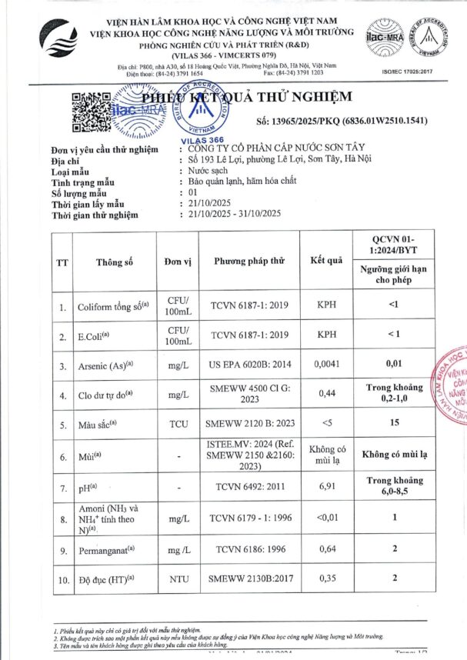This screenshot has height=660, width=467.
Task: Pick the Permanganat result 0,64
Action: (x=325, y=549)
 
